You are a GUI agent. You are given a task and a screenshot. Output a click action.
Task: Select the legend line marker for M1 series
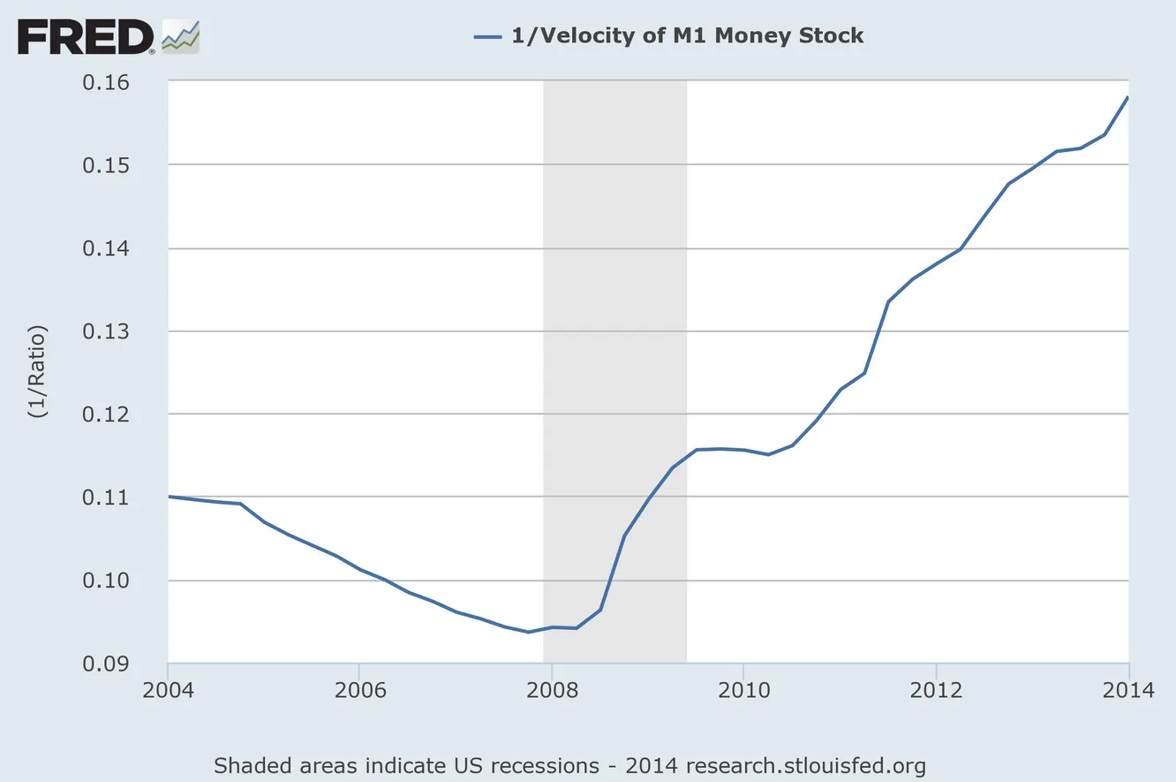(x=487, y=36)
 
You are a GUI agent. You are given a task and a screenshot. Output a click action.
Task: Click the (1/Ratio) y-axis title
(x=38, y=371)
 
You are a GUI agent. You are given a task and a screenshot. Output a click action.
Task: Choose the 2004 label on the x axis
(x=168, y=689)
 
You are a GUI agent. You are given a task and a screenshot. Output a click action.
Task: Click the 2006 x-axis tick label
(x=359, y=689)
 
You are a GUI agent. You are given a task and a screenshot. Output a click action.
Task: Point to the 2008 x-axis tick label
(x=551, y=689)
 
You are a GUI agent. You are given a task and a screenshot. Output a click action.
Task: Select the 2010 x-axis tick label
(x=743, y=689)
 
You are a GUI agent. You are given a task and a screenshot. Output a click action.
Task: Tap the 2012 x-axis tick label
(x=936, y=689)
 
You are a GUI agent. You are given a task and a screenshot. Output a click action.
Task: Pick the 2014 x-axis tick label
(x=1127, y=689)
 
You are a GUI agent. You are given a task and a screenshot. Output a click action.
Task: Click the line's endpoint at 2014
(x=1128, y=97)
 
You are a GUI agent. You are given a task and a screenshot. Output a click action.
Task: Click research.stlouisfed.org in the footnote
(x=806, y=764)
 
